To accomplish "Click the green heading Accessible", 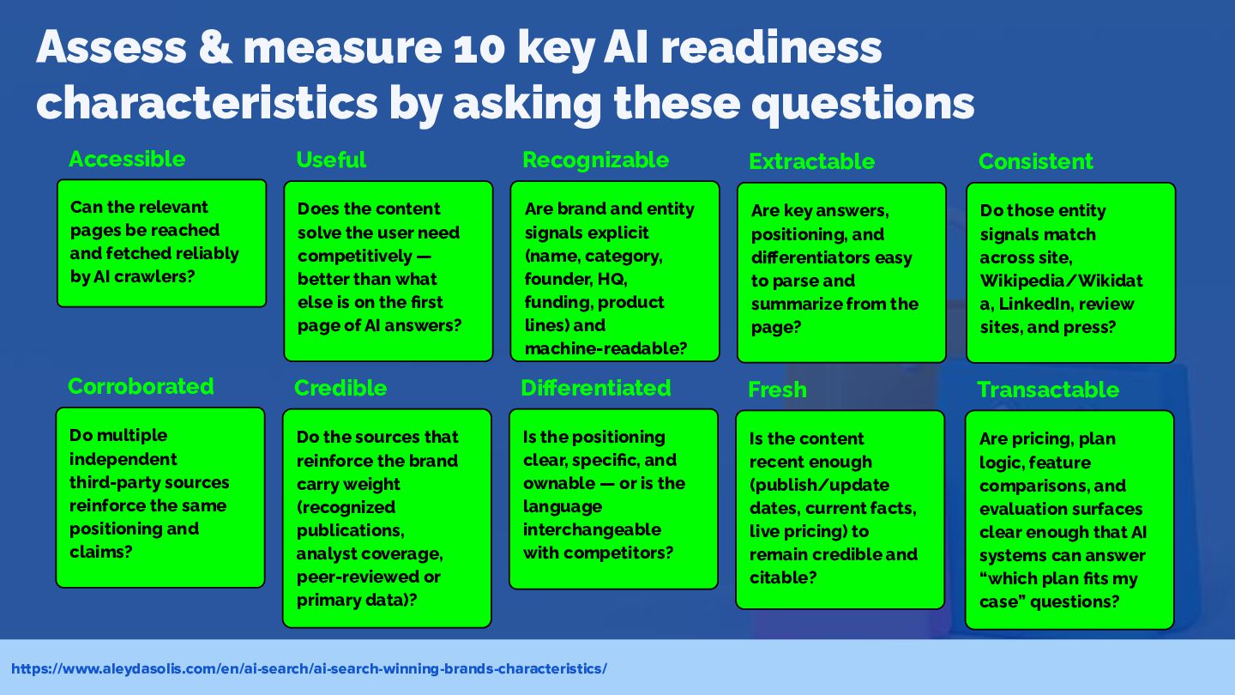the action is [127, 160].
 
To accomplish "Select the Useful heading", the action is [331, 160].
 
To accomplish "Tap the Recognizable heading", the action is [595, 160].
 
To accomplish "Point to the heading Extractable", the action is [811, 161].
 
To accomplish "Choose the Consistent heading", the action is [1035, 161].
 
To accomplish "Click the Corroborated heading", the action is [141, 387].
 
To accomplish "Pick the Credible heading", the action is [340, 389].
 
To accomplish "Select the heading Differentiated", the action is [595, 389].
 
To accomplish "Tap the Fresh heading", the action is [777, 390].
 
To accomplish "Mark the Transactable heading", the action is [1048, 390].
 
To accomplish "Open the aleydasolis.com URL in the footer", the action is [309, 669].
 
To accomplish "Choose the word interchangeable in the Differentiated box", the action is [592, 529].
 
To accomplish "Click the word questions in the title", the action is [863, 105].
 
